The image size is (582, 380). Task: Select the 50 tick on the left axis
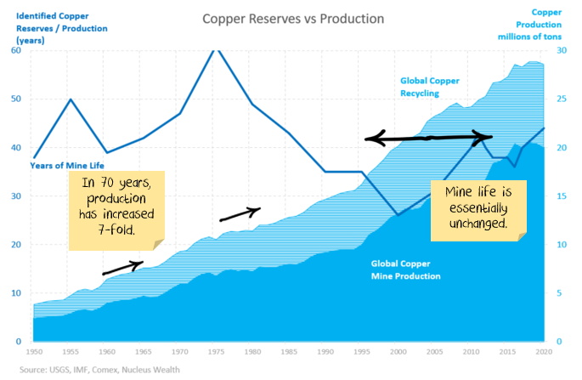pos(15,99)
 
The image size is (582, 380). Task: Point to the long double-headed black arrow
pos(429,138)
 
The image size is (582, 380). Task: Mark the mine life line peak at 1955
pos(71,99)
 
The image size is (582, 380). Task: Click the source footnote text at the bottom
pos(95,370)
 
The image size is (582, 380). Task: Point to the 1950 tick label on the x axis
pos(34,350)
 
